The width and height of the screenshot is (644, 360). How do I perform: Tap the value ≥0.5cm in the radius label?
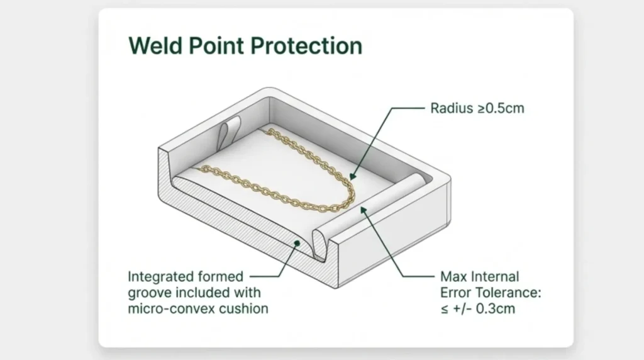point(499,108)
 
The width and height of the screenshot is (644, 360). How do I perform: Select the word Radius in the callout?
point(450,108)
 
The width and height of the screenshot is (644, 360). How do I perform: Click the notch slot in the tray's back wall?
point(228,130)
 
